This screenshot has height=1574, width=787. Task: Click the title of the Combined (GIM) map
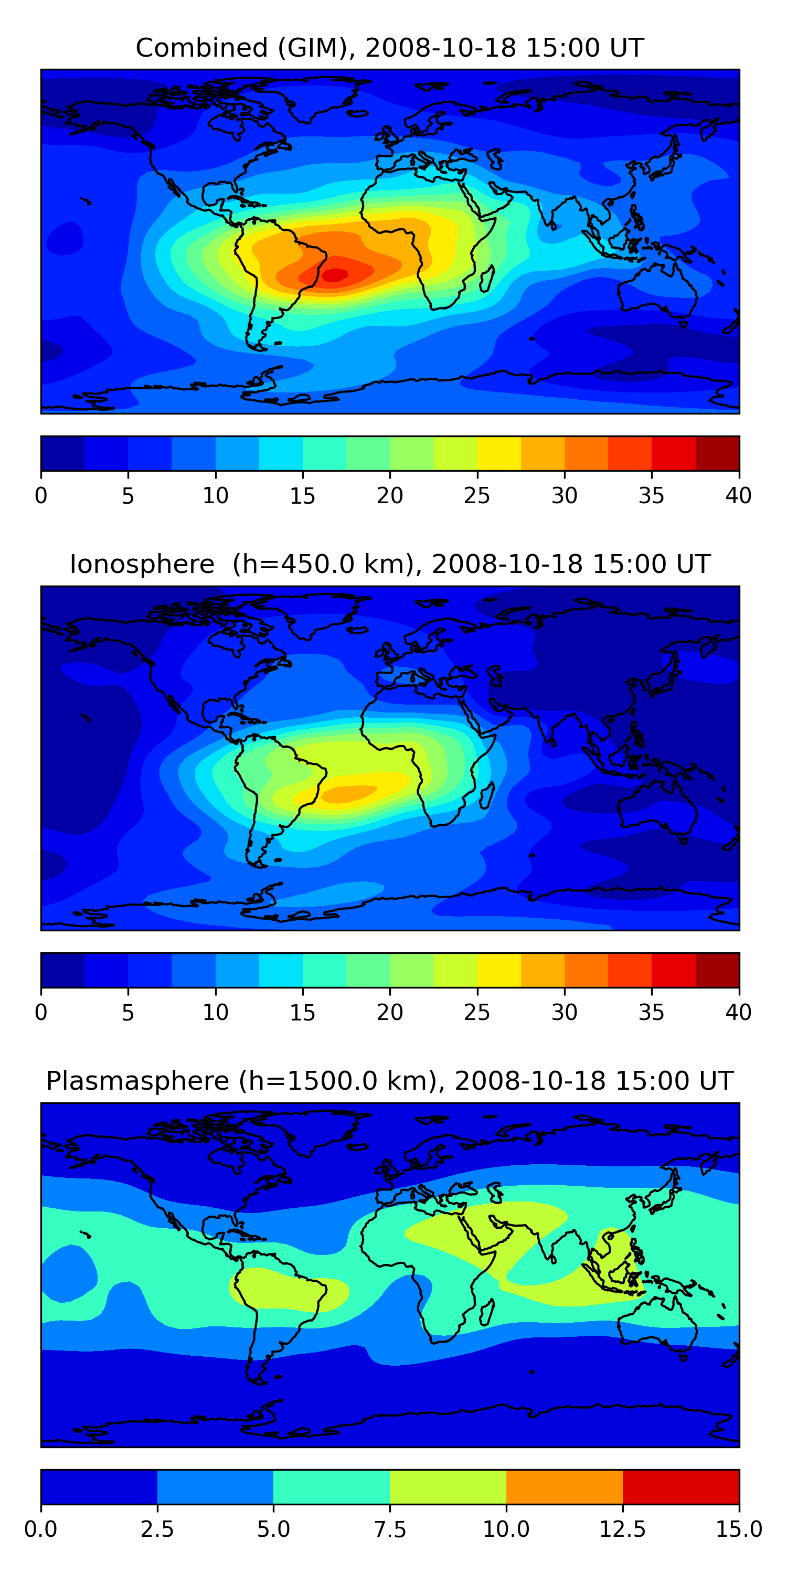click(x=390, y=48)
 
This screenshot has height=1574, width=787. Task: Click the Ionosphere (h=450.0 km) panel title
click(x=390, y=564)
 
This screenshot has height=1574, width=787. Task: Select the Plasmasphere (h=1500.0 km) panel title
click(x=390, y=1081)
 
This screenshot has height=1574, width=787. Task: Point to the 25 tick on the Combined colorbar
click(x=477, y=495)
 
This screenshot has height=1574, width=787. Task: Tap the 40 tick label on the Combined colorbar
click(x=738, y=495)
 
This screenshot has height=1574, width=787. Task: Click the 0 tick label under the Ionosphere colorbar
click(x=41, y=1012)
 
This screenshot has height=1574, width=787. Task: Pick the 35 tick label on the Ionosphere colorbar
click(x=651, y=1012)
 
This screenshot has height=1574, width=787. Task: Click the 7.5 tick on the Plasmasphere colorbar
click(x=390, y=1529)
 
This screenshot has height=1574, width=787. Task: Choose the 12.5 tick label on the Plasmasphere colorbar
click(x=622, y=1529)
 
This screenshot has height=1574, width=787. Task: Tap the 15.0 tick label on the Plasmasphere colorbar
click(x=738, y=1529)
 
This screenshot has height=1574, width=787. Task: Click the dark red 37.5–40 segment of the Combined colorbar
click(x=717, y=453)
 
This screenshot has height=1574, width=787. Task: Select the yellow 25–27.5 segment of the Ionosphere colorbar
click(x=499, y=970)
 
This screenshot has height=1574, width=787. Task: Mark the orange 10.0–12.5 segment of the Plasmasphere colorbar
click(x=564, y=1486)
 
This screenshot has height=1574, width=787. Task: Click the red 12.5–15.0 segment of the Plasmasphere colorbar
click(x=680, y=1486)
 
